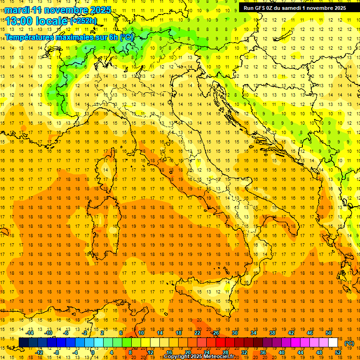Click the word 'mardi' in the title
tap(17, 10)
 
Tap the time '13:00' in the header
tap(20, 21)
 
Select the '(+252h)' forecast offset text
tap(83, 21)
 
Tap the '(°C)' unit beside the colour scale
tap(349, 343)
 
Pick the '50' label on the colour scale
tap(329, 333)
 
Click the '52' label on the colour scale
tap(337, 352)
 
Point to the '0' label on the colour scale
tap(93, 352)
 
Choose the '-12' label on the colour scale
tap(39, 352)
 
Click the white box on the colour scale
tap(333, 343)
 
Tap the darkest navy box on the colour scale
tap(23, 343)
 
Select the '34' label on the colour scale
tap(254, 333)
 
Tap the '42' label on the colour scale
tap(291, 333)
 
